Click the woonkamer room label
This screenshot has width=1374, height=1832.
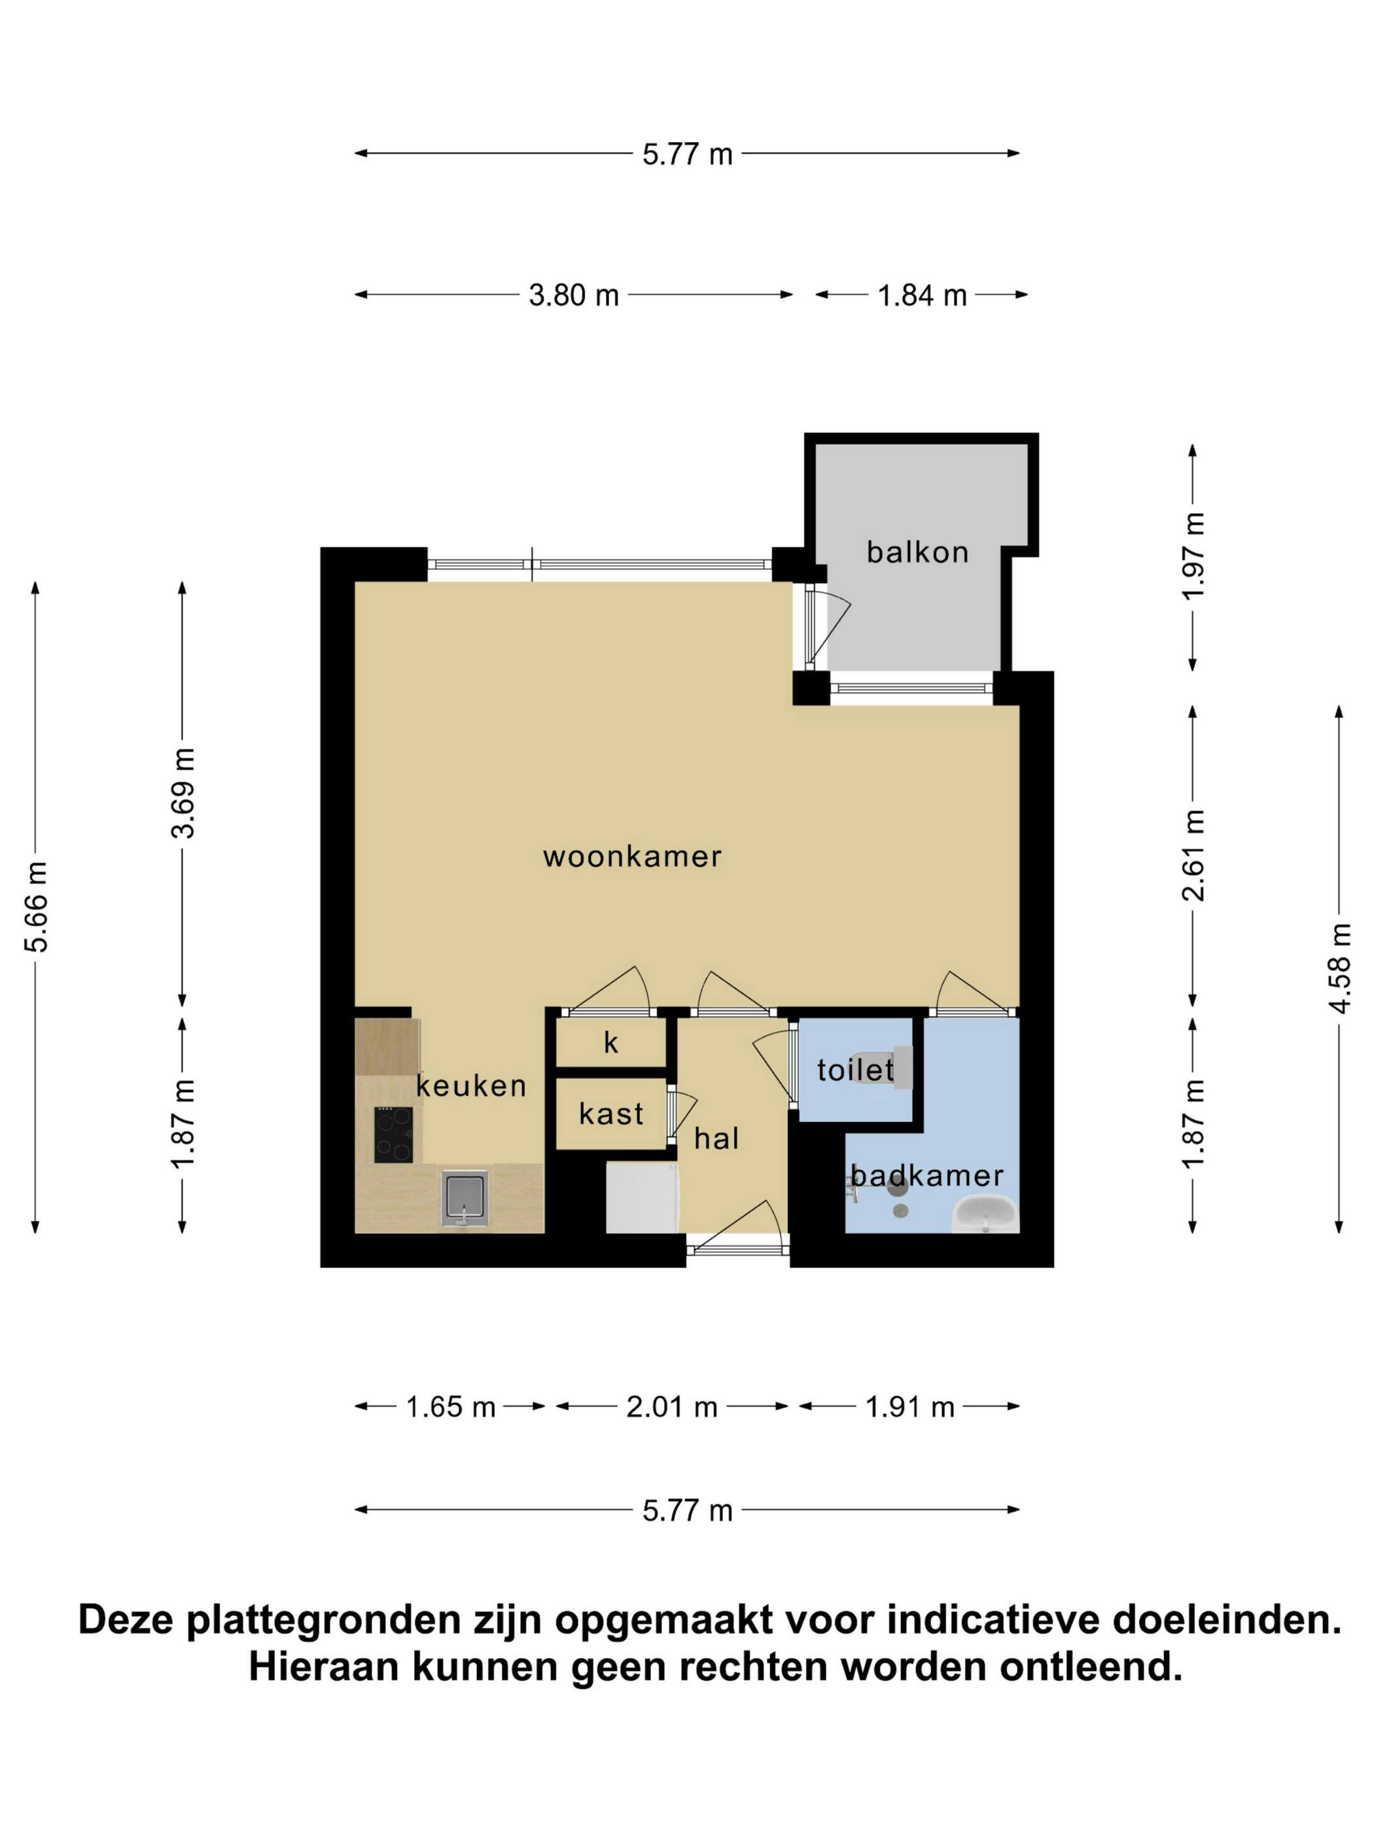click(x=632, y=856)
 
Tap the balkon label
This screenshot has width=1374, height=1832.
click(x=917, y=552)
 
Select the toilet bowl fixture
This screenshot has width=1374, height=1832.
click(x=882, y=1068)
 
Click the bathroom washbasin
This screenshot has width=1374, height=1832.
click(x=984, y=1214)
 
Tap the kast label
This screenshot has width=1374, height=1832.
click(x=611, y=1115)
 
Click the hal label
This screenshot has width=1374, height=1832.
click(x=716, y=1140)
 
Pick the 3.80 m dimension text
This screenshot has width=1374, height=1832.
click(x=574, y=296)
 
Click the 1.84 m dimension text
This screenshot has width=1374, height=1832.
click(x=922, y=296)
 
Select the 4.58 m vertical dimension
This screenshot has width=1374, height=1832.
click(x=1339, y=968)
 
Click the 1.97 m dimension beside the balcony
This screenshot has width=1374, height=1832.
click(x=1193, y=555)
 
